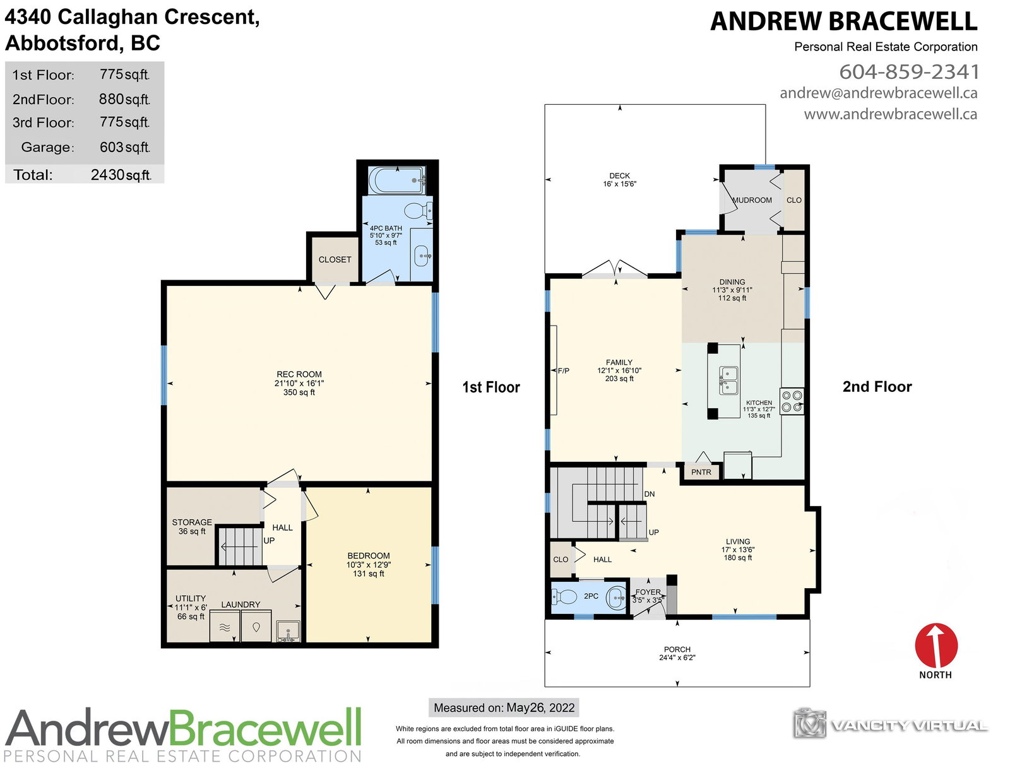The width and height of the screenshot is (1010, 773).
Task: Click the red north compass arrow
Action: pyautogui.click(x=936, y=645)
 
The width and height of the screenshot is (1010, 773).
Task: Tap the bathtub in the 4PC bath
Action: pyautogui.click(x=396, y=180)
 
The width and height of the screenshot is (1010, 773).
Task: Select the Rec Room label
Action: pyautogui.click(x=299, y=383)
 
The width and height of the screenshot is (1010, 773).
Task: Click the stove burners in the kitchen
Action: pyautogui.click(x=792, y=401)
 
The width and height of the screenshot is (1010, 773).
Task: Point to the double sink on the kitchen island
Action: pyautogui.click(x=728, y=380)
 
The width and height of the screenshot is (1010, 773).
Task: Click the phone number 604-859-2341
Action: pyautogui.click(x=908, y=71)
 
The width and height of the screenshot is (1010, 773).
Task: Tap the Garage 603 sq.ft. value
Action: pyautogui.click(x=124, y=147)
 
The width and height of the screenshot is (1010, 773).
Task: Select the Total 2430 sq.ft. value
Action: pyautogui.click(x=121, y=175)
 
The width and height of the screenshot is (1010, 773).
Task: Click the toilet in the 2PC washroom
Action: pyautogui.click(x=564, y=596)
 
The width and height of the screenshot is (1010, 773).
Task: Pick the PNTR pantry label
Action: pyautogui.click(x=701, y=472)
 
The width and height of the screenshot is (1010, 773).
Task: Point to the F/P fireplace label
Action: pyautogui.click(x=563, y=370)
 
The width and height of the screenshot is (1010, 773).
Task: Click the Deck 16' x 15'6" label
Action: pyautogui.click(x=620, y=180)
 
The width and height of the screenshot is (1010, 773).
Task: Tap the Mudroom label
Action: pyautogui.click(x=752, y=200)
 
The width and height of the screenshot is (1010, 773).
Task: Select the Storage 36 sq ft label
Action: pyautogui.click(x=192, y=526)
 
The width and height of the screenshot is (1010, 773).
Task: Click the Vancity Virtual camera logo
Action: pyautogui.click(x=809, y=723)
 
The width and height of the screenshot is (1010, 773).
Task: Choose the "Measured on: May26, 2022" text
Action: pyautogui.click(x=504, y=707)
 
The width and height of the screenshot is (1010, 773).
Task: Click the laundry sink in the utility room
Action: pyautogui.click(x=288, y=631)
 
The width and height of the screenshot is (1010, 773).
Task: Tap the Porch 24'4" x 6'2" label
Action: pyautogui.click(x=677, y=653)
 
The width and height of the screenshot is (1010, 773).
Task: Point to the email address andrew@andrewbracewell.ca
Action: pyautogui.click(x=879, y=93)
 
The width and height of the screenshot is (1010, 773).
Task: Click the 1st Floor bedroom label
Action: pyautogui.click(x=369, y=564)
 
